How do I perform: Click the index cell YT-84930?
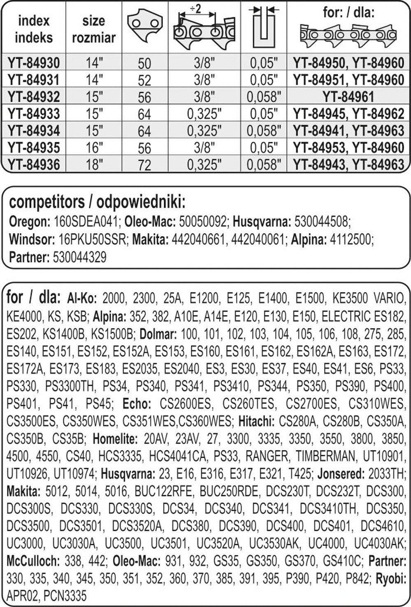tap(33, 63)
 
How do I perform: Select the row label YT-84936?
tap(33, 164)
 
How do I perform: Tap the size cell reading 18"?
tap(94, 164)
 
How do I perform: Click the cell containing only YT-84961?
tap(348, 97)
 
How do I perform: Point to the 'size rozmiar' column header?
tap(94, 29)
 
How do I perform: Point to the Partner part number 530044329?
tap(79, 257)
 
